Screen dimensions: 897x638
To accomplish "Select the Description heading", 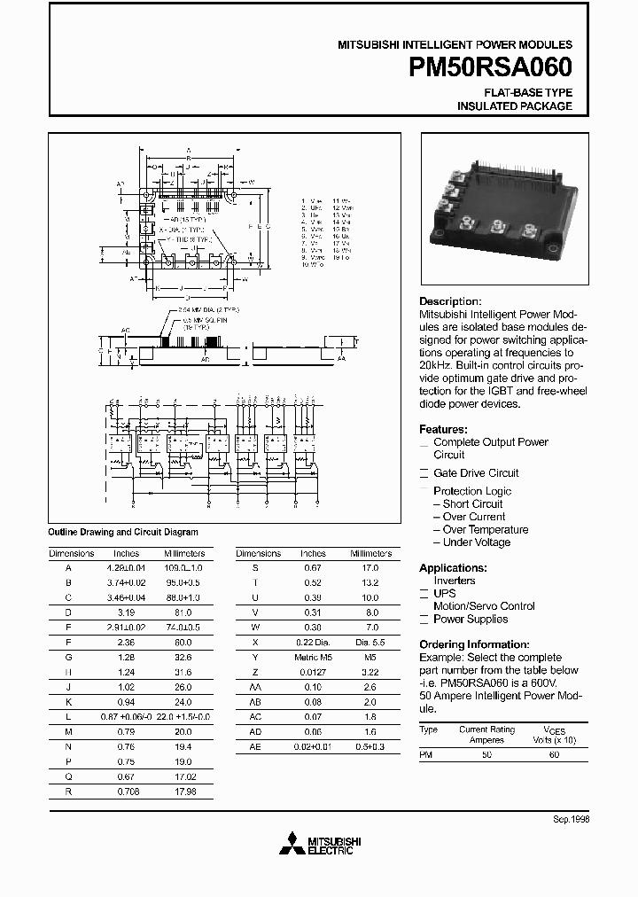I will point(450,301).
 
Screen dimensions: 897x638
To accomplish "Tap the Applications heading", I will point(453,567).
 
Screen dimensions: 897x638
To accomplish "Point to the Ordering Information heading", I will point(474,644).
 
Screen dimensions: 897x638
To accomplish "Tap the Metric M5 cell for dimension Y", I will point(312,657).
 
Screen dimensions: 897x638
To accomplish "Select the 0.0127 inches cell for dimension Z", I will point(312,672).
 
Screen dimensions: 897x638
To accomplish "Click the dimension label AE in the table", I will point(255,747).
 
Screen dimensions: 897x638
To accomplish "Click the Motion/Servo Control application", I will point(484,606).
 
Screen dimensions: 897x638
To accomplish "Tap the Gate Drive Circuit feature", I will point(476,472).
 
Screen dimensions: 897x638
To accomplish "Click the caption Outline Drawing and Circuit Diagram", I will point(122,532).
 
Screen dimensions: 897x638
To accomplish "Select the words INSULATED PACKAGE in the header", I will point(514,106).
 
